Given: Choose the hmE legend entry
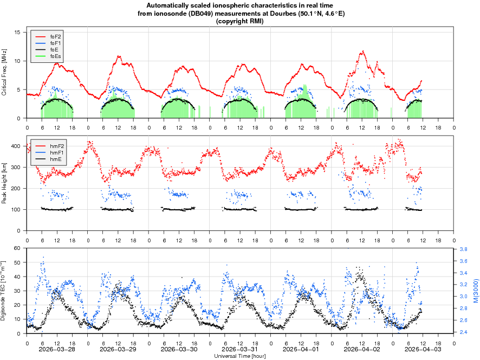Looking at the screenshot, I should click(55, 159).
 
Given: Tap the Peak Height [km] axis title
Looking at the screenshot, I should click(5, 183).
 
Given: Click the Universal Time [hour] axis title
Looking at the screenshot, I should click(240, 356).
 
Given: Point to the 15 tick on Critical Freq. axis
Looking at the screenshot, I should click(17, 33).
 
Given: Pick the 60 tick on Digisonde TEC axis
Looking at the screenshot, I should click(17, 248).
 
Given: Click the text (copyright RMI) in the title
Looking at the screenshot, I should click(240, 21).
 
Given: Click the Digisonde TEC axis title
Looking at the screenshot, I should click(5, 290).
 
